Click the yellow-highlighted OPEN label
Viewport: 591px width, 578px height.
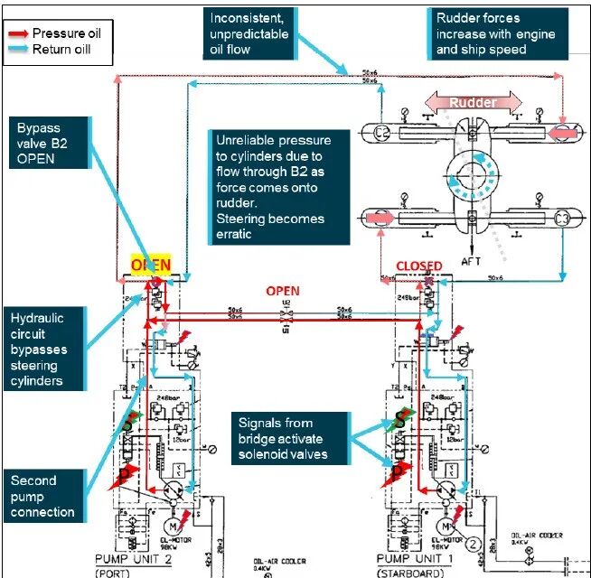pyautogui.click(x=151, y=265)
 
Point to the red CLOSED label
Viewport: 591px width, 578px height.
pyautogui.click(x=420, y=266)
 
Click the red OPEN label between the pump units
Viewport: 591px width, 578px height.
pyautogui.click(x=282, y=292)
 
